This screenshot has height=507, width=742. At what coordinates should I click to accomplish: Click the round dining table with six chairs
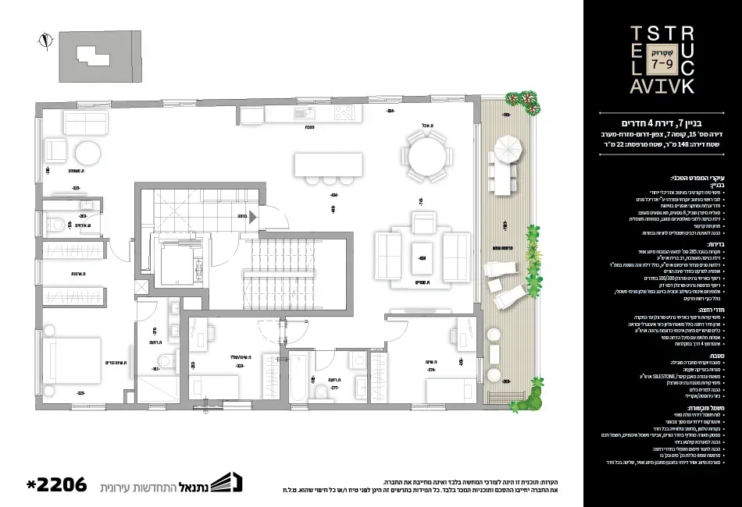tap(426, 156)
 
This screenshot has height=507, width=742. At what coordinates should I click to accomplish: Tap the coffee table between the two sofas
tap(423, 256)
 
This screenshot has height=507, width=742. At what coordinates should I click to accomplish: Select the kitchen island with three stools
tap(328, 165)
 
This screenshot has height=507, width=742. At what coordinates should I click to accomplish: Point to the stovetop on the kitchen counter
tap(344, 114)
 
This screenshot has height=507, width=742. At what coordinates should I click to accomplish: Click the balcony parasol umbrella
tap(508, 146)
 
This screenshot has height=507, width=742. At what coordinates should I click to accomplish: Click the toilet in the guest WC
tap(57, 225)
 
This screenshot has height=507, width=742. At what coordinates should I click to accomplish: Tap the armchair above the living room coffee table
tap(423, 226)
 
